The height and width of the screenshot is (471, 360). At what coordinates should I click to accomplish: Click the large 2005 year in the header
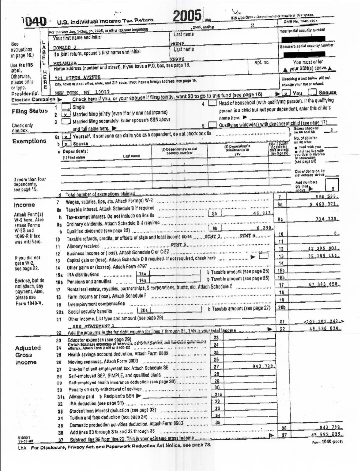pos(187,15)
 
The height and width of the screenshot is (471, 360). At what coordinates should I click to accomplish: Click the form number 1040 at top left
pos(35,22)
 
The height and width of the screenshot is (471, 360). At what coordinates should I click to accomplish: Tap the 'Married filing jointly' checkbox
pos(67,114)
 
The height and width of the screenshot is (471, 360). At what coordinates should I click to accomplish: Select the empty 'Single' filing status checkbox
pos(66,107)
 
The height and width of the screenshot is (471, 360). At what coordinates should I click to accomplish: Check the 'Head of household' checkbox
pos(212,103)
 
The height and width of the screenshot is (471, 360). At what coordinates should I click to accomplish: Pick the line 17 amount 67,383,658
pos(323,284)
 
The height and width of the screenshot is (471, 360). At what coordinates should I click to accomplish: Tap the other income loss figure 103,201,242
pos(323,321)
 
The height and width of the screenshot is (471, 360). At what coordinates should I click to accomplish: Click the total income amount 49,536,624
pos(324,329)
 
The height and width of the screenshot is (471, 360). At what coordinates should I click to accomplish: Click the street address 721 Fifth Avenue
pos(78,77)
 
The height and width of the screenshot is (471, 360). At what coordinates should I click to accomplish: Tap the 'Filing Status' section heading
pos(30,111)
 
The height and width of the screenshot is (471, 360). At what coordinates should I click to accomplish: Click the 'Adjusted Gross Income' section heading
pos(28,355)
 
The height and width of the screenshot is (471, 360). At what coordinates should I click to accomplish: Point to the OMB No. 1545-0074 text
pos(301,21)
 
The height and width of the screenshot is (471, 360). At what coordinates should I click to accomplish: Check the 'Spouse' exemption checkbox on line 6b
pos(67,144)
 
